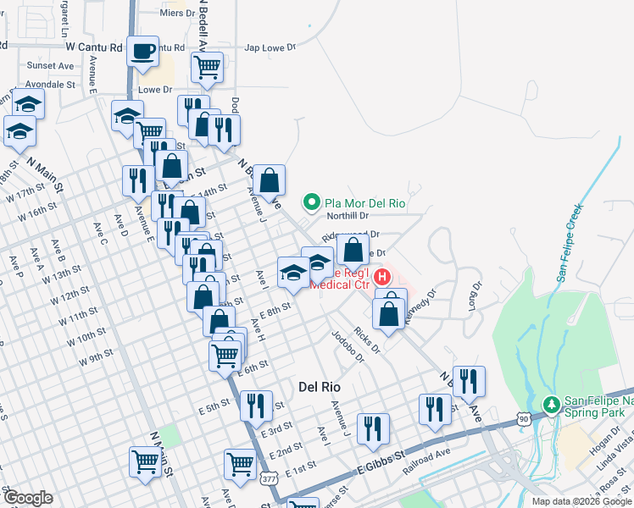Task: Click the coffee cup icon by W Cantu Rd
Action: [143, 51]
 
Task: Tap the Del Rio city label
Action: [320, 386]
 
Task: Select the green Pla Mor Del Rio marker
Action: [311, 203]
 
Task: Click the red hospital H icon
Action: [383, 276]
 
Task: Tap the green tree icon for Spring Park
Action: [552, 404]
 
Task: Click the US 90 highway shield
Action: [525, 419]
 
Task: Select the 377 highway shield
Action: [269, 480]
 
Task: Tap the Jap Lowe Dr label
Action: [270, 48]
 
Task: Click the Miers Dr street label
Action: [177, 14]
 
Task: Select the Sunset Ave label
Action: [50, 65]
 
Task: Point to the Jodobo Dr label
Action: [348, 345]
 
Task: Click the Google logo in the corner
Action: [28, 498]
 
